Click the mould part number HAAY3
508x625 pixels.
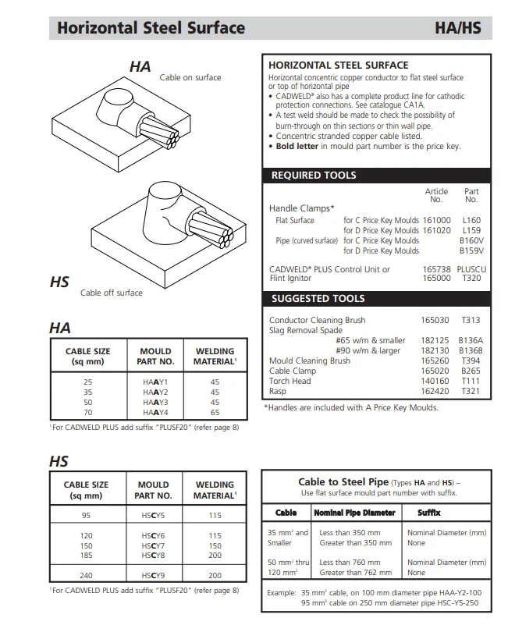155,403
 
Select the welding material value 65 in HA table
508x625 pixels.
215,413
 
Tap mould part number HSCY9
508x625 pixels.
155,575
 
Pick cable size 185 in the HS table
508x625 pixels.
87,556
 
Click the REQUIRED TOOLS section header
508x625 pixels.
313,176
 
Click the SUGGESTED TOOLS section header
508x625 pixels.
318,299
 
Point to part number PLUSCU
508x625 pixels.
471,269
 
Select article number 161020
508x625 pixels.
436,231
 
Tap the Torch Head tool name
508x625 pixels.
290,382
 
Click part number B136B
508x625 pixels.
471,351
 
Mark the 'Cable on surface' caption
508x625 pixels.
190,77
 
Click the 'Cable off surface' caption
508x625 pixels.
111,293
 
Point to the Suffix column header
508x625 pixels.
429,513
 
